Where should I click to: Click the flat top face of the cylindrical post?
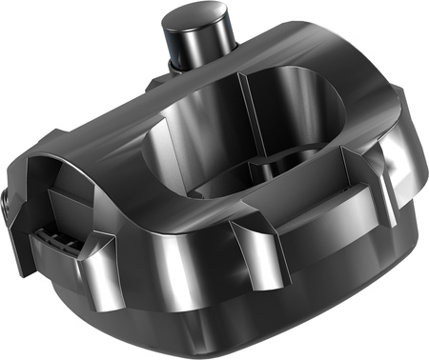click(x=199, y=18)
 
